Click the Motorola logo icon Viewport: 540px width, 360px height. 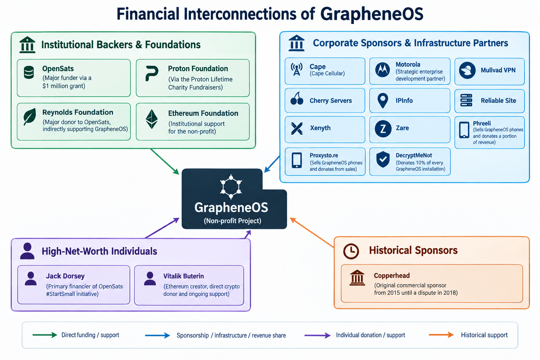tap(382, 70)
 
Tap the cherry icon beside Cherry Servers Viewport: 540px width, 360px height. tap(297, 98)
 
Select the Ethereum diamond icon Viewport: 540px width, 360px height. tap(152, 119)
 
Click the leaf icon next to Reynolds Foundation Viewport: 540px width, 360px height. tap(30, 117)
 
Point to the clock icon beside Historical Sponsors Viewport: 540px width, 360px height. tap(351, 251)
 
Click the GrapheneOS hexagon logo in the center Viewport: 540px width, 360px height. tap(231, 186)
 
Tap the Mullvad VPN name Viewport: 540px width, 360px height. tap(498, 70)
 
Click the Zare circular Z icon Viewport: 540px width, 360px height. tap(383, 129)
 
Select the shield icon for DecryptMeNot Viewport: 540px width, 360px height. tap(383, 159)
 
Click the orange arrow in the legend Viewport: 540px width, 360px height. tap(441, 335)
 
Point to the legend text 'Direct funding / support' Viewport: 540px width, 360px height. tap(90, 335)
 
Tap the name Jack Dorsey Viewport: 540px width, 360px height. tap(65, 276)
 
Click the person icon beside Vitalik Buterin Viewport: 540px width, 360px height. tap(150, 279)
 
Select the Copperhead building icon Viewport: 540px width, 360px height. tap(357, 278)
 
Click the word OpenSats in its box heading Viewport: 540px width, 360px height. tap(58, 69)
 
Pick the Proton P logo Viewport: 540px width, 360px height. tap(152, 73)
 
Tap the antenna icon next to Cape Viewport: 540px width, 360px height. tap(296, 70)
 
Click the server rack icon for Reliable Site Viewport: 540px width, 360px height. tap(466, 100)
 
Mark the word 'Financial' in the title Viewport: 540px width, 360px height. tap(148, 14)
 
